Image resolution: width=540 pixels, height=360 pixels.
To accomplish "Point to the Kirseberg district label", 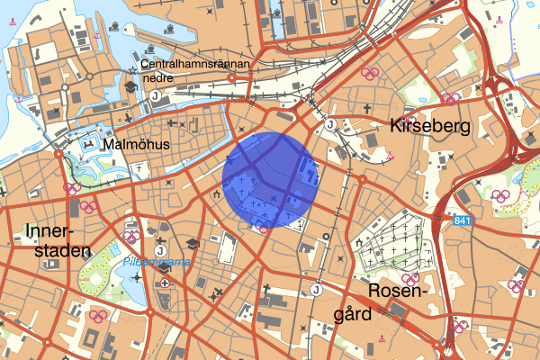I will tap(430, 127).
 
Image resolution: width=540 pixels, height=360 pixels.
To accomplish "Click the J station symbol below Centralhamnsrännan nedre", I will tap(155, 95).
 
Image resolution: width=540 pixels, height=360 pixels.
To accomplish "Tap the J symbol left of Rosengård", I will tap(316, 289).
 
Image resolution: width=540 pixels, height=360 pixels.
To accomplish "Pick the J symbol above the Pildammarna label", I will tap(160, 250).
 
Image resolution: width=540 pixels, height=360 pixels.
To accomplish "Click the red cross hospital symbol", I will tap(165, 283).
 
